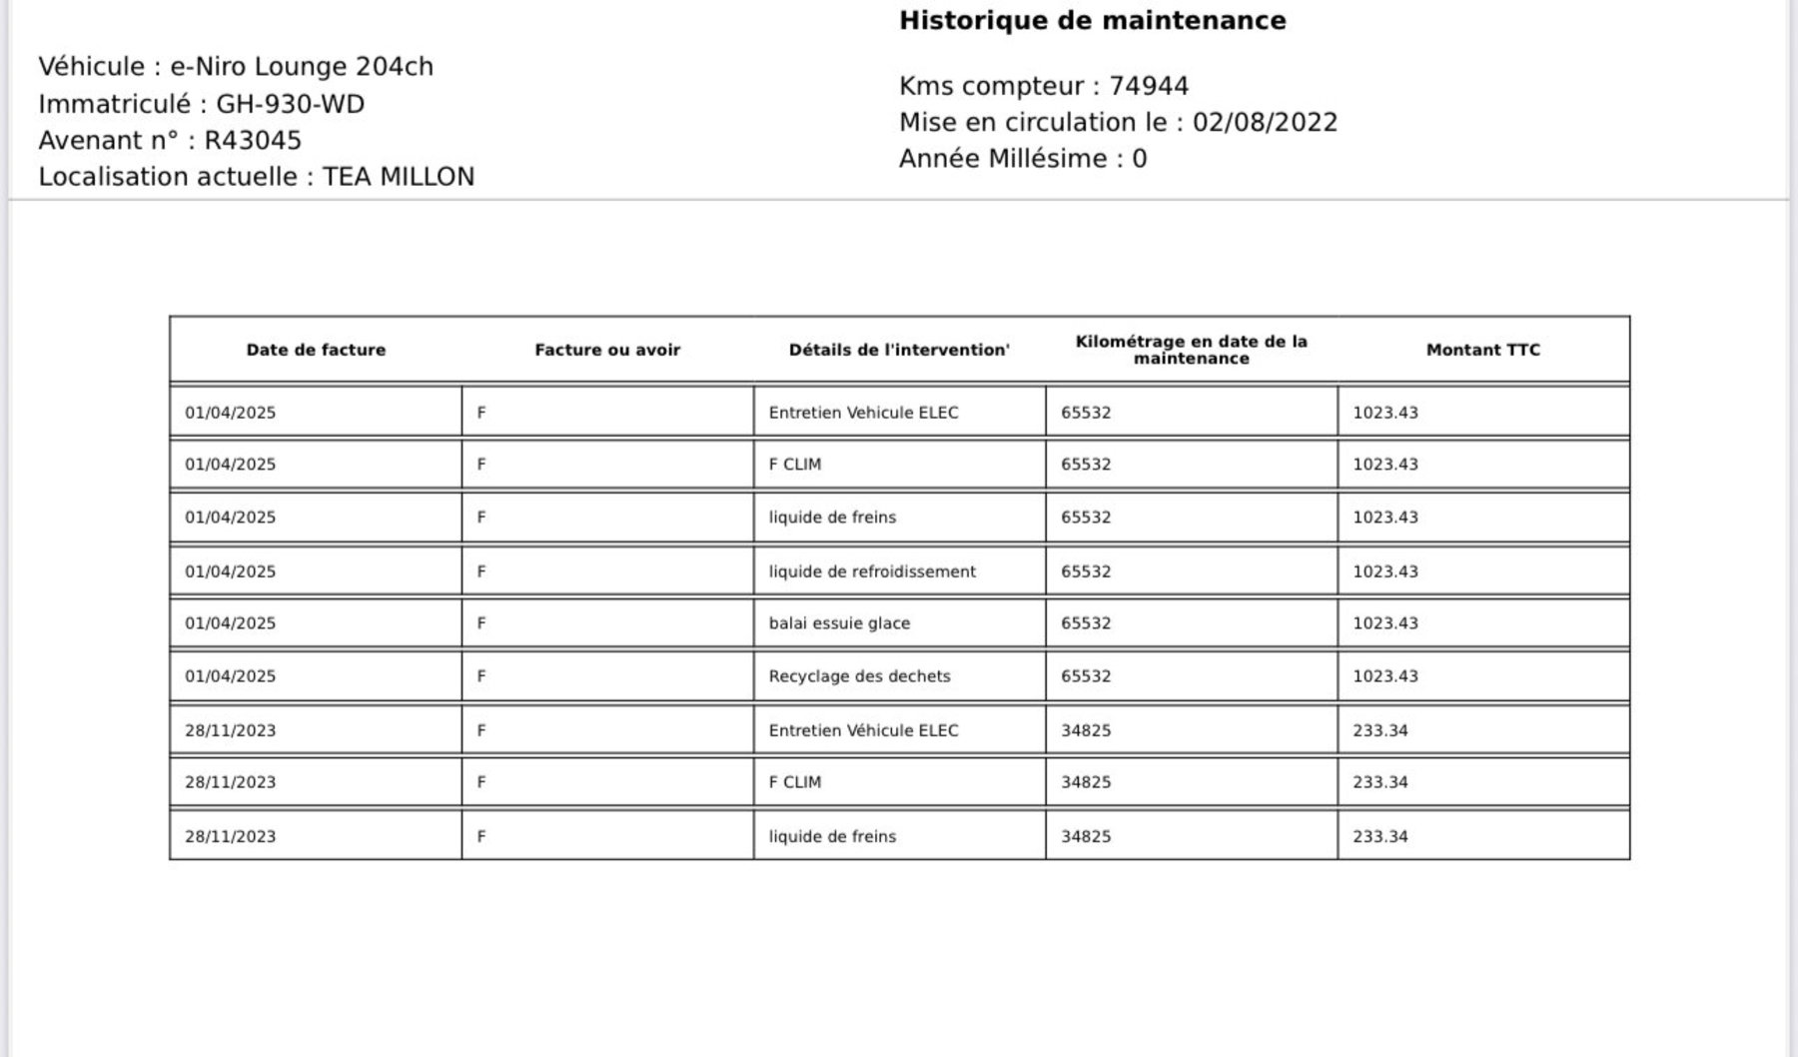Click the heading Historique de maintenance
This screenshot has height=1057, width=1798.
click(x=1092, y=21)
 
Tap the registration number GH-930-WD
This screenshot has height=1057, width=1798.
click(x=290, y=104)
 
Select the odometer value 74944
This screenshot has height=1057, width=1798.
click(x=1149, y=86)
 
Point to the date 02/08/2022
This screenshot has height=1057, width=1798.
click(x=1265, y=122)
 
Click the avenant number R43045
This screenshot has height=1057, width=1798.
click(x=253, y=140)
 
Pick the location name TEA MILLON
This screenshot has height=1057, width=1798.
click(x=399, y=177)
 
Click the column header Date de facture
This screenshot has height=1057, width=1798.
click(x=316, y=350)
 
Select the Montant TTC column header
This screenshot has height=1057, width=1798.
click(x=1482, y=350)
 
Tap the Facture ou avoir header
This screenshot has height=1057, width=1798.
click(x=607, y=350)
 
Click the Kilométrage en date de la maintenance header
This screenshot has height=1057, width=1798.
click(x=1191, y=350)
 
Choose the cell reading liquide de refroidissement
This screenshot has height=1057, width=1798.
click(x=872, y=571)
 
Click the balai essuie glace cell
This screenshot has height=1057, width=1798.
click(x=839, y=623)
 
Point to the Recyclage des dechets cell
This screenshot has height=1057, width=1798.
click(x=859, y=676)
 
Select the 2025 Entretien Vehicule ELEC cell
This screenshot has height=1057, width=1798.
click(x=863, y=413)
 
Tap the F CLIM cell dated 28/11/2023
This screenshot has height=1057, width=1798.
click(x=795, y=782)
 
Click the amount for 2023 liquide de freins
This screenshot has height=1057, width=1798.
click(x=1380, y=836)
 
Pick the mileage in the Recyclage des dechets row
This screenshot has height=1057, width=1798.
click(x=1086, y=676)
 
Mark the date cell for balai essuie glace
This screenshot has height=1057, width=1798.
click(x=230, y=623)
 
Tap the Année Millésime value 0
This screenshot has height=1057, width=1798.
click(x=1139, y=159)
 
